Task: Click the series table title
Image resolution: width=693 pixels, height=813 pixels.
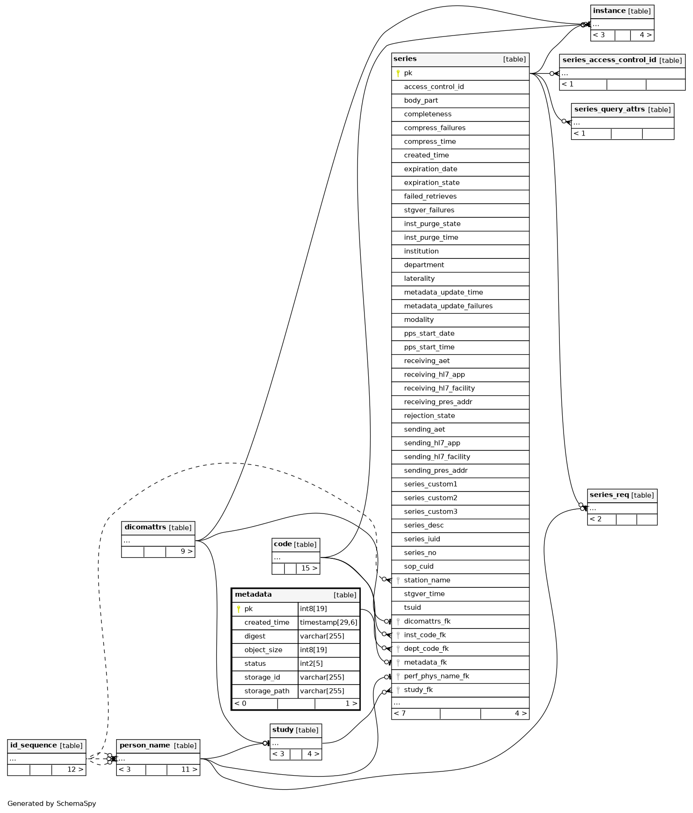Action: pyautogui.click(x=405, y=59)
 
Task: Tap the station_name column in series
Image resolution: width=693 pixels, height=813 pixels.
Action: pyautogui.click(x=427, y=580)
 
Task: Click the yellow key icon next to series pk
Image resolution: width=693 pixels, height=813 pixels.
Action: pyautogui.click(x=398, y=73)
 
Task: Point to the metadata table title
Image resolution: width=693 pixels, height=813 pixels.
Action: pyautogui.click(x=253, y=594)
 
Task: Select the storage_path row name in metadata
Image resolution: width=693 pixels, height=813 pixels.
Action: pyautogui.click(x=267, y=691)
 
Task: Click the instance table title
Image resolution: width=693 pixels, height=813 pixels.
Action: pyautogui.click(x=609, y=11)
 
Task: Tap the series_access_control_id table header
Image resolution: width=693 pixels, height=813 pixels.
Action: pyautogui.click(x=622, y=60)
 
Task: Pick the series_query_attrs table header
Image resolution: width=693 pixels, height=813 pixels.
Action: pyautogui.click(x=622, y=110)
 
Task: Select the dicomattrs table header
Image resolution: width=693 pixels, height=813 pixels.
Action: pyautogui.click(x=158, y=528)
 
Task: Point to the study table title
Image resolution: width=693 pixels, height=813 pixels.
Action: pyautogui.click(x=283, y=730)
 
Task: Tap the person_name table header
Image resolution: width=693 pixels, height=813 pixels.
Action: pyautogui.click(x=158, y=746)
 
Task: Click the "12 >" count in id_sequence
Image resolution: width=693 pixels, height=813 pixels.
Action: pyautogui.click(x=75, y=770)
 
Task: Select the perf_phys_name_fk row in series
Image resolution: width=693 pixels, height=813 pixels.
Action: pyautogui.click(x=436, y=676)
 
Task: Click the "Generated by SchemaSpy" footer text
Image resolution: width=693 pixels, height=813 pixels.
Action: pyautogui.click(x=51, y=804)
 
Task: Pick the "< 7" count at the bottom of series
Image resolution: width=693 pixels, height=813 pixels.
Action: pyautogui.click(x=400, y=713)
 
